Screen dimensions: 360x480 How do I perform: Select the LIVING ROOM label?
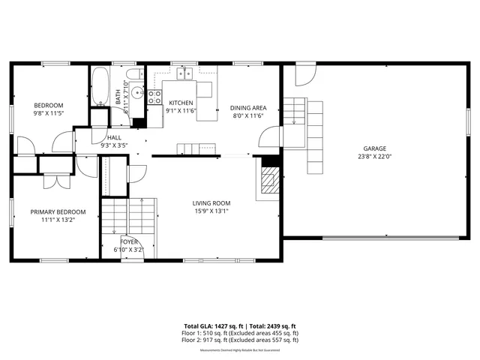click(x=211, y=203)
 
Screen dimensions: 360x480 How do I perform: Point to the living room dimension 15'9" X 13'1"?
click(x=211, y=211)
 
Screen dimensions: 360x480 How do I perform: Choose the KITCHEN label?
click(x=181, y=103)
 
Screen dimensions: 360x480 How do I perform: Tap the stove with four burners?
click(x=154, y=96)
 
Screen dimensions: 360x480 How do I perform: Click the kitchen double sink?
click(x=184, y=73)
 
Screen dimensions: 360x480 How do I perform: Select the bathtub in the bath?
click(x=100, y=87)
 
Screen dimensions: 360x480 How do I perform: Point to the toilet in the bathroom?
click(x=134, y=73)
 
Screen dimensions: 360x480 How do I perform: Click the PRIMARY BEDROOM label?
click(x=52, y=211)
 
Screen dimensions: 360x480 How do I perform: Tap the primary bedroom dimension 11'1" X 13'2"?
click(x=52, y=220)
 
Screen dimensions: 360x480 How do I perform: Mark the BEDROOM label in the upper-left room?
click(x=48, y=105)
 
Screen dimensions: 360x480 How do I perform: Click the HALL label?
click(x=114, y=137)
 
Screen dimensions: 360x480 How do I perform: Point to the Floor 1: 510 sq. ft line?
click(x=240, y=333)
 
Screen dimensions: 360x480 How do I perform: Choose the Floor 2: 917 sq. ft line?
click(x=240, y=340)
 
